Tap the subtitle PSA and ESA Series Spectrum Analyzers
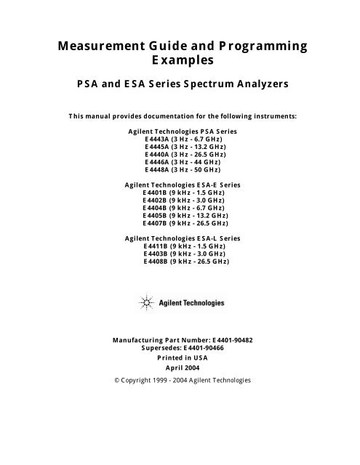[180, 84]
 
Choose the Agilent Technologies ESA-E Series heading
[180, 185]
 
